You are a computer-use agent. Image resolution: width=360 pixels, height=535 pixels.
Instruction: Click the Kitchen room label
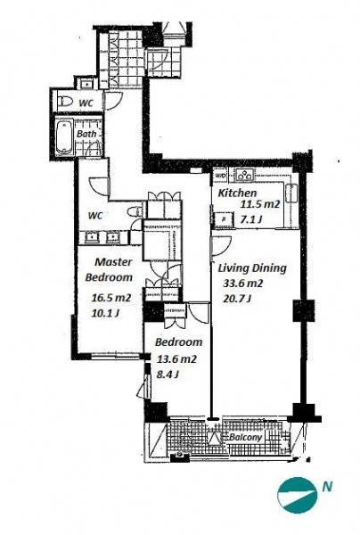(237, 193)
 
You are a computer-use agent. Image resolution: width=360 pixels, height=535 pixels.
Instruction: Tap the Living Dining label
(252, 268)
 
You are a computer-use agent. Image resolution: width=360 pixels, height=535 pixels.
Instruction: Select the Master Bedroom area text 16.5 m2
(111, 298)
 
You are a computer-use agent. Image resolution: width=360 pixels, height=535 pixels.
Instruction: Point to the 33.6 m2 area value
(243, 284)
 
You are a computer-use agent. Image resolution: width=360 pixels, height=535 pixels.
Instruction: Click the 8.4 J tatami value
(168, 374)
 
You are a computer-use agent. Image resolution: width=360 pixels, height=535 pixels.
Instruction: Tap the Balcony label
(246, 437)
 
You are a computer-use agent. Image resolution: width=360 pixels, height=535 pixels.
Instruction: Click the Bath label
(86, 134)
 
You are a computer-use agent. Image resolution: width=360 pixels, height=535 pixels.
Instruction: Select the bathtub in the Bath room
(64, 136)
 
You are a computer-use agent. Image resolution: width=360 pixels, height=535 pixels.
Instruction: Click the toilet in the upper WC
(66, 102)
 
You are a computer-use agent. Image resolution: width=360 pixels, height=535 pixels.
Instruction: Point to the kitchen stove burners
(245, 176)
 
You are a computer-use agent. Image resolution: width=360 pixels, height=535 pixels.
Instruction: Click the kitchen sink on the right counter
(292, 193)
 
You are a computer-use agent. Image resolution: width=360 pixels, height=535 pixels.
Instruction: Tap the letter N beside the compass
(327, 487)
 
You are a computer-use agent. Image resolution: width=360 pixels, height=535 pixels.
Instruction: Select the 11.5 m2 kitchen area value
(260, 205)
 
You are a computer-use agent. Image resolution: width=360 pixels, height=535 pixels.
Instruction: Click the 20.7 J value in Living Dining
(237, 299)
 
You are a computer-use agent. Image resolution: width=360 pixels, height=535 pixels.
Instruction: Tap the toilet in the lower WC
(135, 211)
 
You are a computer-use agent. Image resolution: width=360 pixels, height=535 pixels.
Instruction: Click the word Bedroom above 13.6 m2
(178, 342)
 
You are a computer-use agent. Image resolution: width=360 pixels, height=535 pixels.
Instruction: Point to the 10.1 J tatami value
(105, 313)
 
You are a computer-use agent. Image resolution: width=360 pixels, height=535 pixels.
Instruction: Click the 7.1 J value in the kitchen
(251, 220)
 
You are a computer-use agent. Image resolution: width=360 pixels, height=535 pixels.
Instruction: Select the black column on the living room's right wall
(303, 310)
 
